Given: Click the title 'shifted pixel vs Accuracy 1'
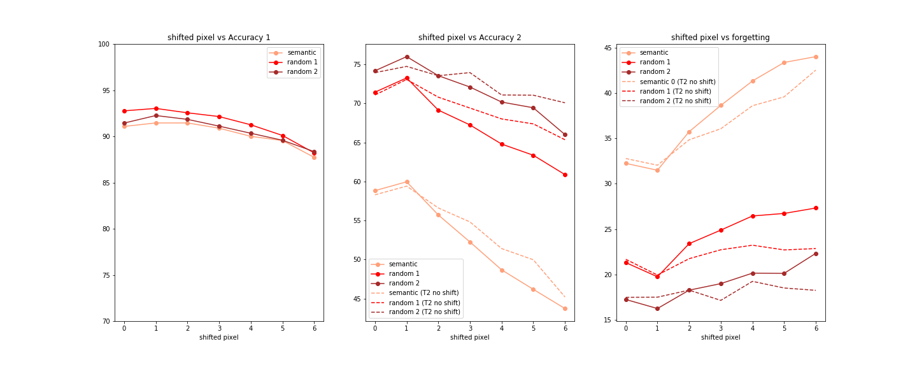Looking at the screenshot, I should (218, 38).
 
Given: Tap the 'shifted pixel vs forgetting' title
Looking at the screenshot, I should (720, 38).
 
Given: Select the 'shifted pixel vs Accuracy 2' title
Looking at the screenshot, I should (469, 38).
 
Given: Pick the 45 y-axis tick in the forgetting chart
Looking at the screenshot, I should (608, 48).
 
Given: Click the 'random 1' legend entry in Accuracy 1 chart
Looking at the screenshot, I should (302, 62).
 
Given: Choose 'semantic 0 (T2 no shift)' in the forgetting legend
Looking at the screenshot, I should (678, 82).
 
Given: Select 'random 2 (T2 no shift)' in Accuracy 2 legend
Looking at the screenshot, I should (424, 312).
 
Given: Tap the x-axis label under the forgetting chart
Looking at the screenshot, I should (720, 338).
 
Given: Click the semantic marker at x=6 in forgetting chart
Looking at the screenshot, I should (815, 57).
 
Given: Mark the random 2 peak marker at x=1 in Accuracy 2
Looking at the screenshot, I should (407, 57).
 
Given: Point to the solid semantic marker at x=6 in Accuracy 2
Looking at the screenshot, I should (565, 308).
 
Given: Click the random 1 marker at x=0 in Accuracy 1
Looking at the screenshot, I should (124, 111).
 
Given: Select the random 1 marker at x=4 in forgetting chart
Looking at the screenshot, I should (752, 216).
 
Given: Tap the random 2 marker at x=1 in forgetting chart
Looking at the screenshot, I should (657, 308).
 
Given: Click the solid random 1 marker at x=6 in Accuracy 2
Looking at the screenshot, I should (565, 175).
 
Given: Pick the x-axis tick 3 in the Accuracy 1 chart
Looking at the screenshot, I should (219, 328).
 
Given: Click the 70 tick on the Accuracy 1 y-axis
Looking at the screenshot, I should (106, 321).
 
